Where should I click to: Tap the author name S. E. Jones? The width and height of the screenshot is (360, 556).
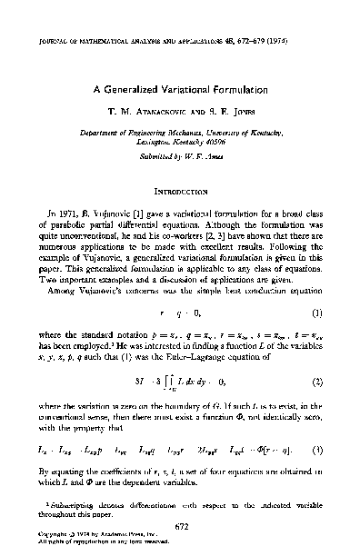225,114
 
